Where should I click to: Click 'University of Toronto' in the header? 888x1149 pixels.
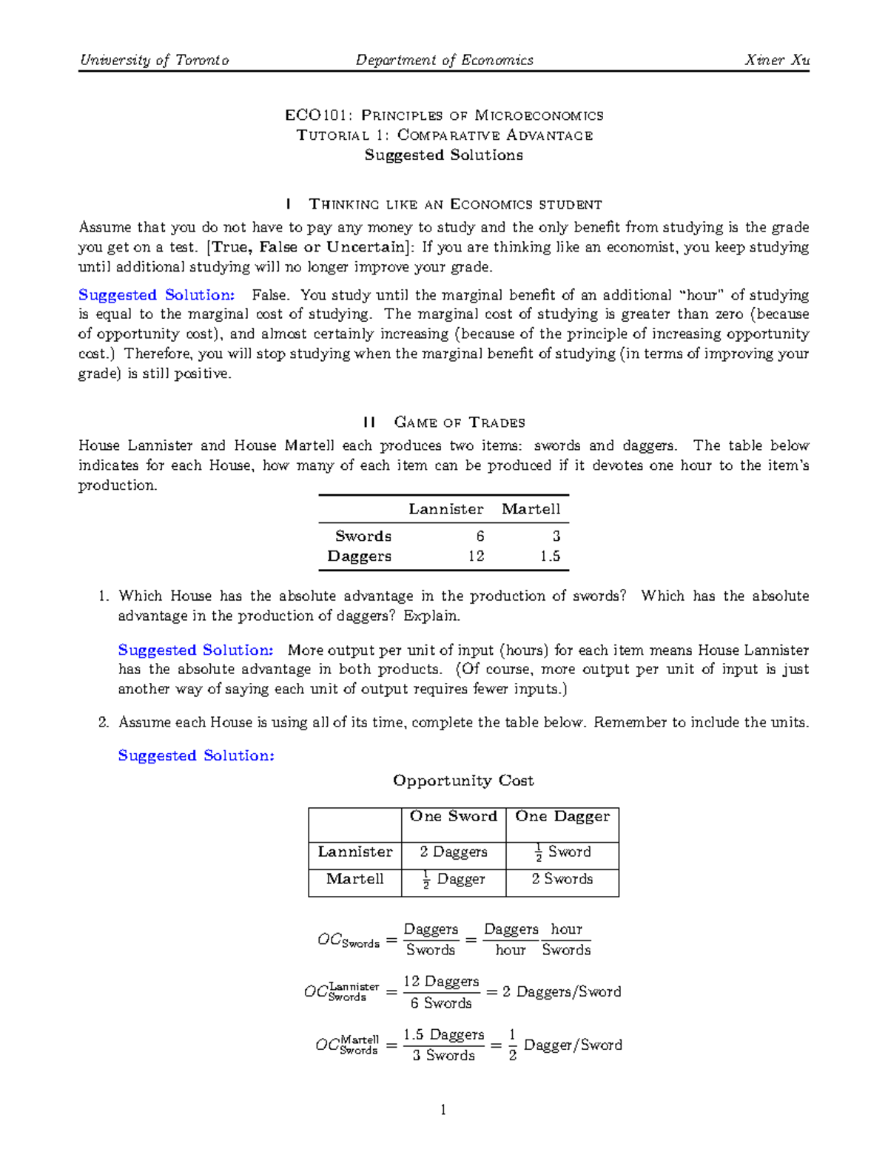pos(154,60)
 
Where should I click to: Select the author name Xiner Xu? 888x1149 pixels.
pos(776,60)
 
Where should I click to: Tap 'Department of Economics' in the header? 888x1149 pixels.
pos(444,60)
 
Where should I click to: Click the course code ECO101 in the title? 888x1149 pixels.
pos(303,115)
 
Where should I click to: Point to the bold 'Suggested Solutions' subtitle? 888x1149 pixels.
pos(443,155)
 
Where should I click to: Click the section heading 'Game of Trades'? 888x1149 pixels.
pos(460,422)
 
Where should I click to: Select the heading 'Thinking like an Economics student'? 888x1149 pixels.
pos(455,204)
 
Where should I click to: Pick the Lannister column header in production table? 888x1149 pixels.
pos(445,509)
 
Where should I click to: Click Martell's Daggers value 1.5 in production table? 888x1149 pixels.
pos(550,556)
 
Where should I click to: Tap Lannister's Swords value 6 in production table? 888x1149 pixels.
pos(480,536)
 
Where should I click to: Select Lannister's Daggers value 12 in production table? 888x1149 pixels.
pos(476,556)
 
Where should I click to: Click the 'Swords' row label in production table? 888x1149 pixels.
pos(363,536)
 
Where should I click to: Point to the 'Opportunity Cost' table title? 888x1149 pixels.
pos(463,781)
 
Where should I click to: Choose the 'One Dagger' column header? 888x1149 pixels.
pos(562,816)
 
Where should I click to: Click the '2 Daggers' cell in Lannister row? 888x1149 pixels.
pos(453,852)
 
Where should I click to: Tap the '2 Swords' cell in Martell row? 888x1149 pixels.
pos(562,879)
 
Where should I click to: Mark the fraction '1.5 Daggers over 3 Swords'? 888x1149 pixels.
pos(443,1045)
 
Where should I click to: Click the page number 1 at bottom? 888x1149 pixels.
pos(443,1109)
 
